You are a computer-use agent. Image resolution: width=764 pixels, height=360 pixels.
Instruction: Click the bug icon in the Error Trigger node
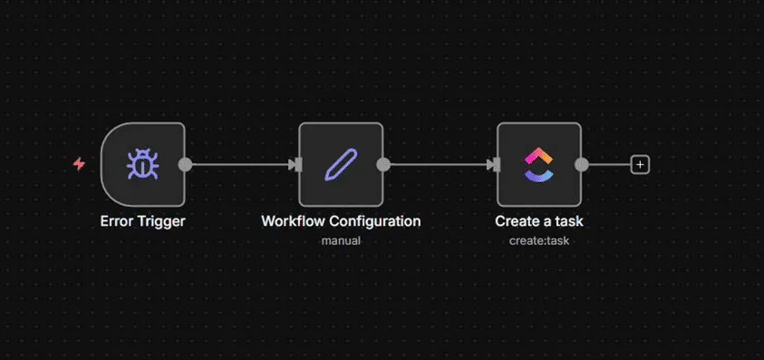pos(142,164)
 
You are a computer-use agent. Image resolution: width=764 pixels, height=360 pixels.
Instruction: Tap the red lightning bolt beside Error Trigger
pos(79,164)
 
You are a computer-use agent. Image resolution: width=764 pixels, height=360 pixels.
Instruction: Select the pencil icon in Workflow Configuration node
pos(341,164)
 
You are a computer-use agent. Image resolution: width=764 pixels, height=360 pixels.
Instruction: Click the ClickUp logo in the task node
pos(539,164)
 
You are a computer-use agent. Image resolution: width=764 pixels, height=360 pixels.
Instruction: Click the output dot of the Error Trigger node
pos(185,164)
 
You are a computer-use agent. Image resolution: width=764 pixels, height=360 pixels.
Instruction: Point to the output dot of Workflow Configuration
pos(383,164)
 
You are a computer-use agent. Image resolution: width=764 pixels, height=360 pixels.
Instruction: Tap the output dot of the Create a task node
pos(581,164)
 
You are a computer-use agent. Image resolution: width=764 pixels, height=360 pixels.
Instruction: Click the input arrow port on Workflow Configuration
pos(295,164)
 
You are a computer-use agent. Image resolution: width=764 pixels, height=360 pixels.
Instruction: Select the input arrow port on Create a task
pos(493,164)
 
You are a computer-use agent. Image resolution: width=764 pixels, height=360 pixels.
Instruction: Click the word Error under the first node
pos(116,221)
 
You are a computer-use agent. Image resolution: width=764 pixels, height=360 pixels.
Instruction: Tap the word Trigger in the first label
pos(160,222)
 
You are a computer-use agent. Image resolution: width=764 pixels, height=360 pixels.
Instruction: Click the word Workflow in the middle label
pos(294,221)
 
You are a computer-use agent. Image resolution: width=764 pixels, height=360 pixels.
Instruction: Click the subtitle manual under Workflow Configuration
pos(341,240)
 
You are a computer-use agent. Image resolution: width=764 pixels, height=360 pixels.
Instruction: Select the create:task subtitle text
pos(539,240)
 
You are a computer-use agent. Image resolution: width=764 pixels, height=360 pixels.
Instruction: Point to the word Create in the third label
pos(516,221)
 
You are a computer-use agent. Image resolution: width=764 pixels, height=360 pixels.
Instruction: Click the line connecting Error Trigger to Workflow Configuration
pos(240,164)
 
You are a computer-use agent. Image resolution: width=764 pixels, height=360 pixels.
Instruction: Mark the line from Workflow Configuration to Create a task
pos(439,164)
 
